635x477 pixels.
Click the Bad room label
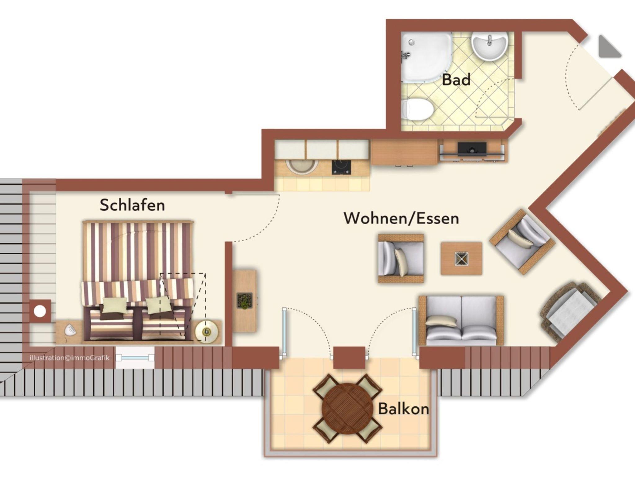tap(456, 80)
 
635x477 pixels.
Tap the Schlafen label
tap(132, 205)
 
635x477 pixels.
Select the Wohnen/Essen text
tap(401, 218)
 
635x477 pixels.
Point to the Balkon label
tap(403, 409)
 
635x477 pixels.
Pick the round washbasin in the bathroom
tap(489, 46)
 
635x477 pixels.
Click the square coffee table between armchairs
tap(461, 259)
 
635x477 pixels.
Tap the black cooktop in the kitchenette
tap(341, 167)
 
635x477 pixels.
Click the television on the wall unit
tap(472, 148)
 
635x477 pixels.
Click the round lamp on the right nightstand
tap(206, 332)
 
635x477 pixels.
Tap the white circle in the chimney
tap(40, 311)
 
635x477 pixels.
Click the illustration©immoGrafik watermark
tap(70, 358)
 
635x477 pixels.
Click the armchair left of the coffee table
tap(401, 259)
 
